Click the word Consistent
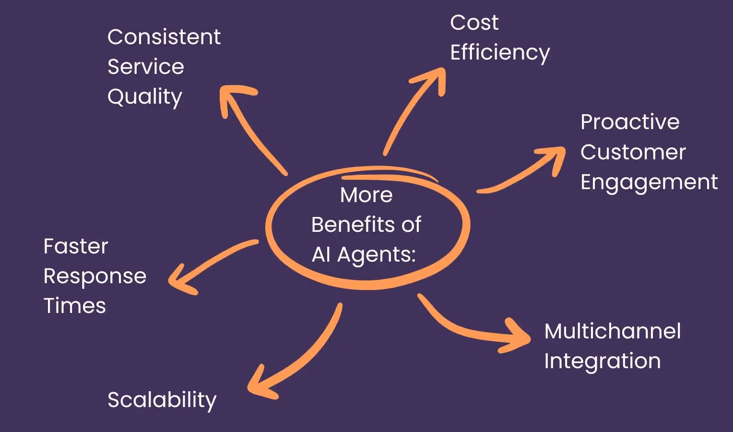coord(164,37)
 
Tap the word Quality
coord(145,97)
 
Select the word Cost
coord(474,23)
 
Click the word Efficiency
coord(500,52)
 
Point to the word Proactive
coord(630,122)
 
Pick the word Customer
coord(633,152)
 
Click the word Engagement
coord(649,182)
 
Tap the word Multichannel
coord(613,331)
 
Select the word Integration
coord(603,361)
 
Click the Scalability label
coord(162,400)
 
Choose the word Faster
coord(76,246)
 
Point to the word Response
coord(95,276)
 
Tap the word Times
coord(75,306)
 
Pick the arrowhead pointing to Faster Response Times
coord(179,280)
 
